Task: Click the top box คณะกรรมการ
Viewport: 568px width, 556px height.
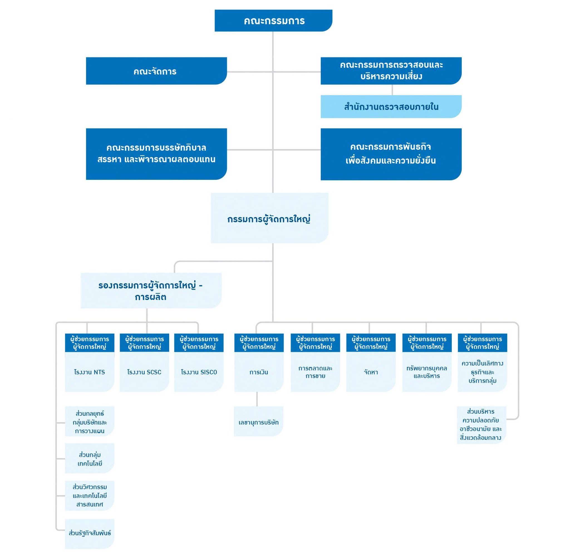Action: tap(273, 21)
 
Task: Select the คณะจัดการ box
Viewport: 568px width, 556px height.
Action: tap(156, 71)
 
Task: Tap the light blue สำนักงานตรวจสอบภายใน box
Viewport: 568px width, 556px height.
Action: tap(391, 106)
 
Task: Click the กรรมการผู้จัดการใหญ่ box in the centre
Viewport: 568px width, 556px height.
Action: tap(270, 218)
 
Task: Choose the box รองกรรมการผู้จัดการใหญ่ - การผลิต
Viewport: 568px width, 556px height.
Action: tap(151, 291)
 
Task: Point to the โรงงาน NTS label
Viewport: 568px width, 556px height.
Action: tap(89, 372)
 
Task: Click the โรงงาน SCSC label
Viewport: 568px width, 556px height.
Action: tap(144, 372)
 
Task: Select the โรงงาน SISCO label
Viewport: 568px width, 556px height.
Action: tap(199, 372)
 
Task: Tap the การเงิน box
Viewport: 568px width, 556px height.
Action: tap(259, 372)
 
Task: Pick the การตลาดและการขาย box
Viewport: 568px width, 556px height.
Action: tap(315, 372)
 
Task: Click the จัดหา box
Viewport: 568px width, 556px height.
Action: tap(371, 372)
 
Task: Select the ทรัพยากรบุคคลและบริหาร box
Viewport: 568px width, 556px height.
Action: tap(427, 372)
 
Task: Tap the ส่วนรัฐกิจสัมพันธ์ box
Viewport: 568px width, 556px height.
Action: tap(89, 534)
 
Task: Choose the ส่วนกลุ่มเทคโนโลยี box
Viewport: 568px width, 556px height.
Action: tap(89, 459)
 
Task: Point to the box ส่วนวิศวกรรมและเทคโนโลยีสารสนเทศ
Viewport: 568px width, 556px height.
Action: tap(89, 496)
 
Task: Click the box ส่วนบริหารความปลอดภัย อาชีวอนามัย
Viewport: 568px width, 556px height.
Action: tap(481, 425)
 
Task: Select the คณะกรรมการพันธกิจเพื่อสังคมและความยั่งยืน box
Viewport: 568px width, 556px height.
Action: tap(391, 154)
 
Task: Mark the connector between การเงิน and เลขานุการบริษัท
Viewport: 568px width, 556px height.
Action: tap(257, 399)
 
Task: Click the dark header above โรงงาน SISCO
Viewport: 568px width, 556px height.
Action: tap(199, 343)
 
